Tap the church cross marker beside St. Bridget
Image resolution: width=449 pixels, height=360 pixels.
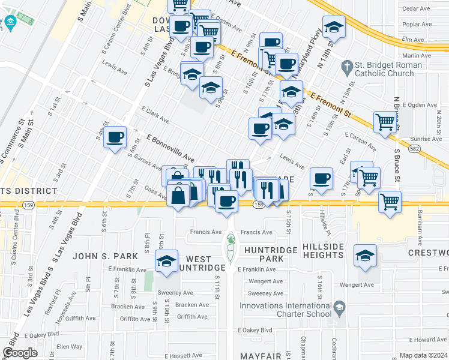pos(346,65)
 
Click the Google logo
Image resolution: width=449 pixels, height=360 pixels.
pos(20,353)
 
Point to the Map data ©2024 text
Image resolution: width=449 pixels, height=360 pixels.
pos(423,355)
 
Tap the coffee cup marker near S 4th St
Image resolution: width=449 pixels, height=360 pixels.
pos(115,137)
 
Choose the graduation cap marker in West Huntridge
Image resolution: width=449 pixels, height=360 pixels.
pos(166,261)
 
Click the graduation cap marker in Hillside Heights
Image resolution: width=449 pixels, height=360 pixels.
pos(365,256)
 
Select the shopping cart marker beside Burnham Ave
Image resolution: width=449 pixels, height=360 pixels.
pos(390,201)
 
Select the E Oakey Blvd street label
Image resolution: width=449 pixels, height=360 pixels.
pos(255,330)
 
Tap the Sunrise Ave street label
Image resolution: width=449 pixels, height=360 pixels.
pos(426,139)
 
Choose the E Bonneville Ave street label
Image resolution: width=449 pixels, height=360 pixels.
pos(170,147)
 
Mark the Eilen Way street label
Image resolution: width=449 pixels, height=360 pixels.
pos(68,346)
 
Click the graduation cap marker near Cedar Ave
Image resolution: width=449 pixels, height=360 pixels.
pos(334,27)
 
